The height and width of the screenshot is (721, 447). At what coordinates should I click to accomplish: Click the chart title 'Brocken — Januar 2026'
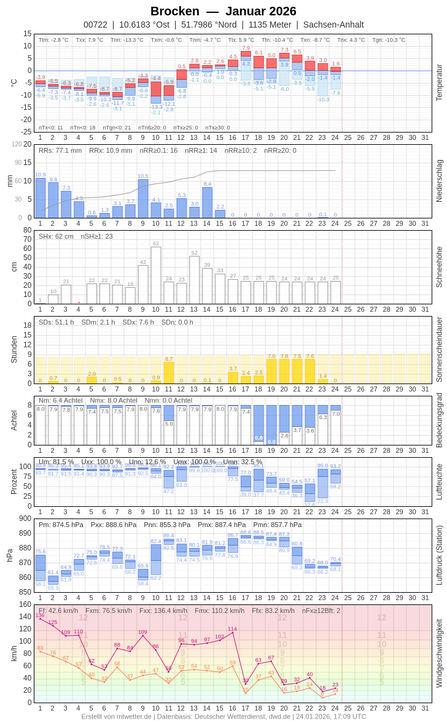(x=223, y=11)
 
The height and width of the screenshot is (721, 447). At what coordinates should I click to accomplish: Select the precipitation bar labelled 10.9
(x=41, y=198)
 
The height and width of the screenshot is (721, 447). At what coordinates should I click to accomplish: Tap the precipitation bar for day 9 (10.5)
(x=143, y=198)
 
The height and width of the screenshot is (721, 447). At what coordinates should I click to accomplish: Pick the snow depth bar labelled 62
(x=156, y=276)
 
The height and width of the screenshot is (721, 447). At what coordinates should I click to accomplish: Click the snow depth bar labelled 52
(x=195, y=280)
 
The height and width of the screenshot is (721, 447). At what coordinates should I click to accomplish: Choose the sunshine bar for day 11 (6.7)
(x=169, y=372)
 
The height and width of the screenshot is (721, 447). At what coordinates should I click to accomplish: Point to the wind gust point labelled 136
(x=41, y=619)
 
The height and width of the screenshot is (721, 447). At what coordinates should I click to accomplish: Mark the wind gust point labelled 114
(x=233, y=632)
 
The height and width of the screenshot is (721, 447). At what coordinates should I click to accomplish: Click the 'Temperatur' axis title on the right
(x=438, y=82)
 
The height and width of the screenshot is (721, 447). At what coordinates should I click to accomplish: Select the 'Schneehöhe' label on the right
(x=438, y=267)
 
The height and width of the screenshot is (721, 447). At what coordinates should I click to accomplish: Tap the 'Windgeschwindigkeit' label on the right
(x=438, y=653)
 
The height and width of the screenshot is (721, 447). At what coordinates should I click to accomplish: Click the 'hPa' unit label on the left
(x=9, y=555)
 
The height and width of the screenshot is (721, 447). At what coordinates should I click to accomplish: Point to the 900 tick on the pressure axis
(x=25, y=519)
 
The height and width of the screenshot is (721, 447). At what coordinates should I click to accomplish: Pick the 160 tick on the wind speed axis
(x=25, y=604)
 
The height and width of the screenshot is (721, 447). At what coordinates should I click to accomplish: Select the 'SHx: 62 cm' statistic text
(x=56, y=236)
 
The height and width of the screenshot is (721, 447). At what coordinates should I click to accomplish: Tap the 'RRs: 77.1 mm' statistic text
(x=60, y=150)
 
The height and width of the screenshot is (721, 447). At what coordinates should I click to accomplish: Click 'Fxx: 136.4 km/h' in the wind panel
(x=163, y=611)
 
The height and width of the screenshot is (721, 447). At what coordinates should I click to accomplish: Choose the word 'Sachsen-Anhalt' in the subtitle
(x=333, y=25)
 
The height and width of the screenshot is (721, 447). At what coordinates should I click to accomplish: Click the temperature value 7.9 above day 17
(x=246, y=48)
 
